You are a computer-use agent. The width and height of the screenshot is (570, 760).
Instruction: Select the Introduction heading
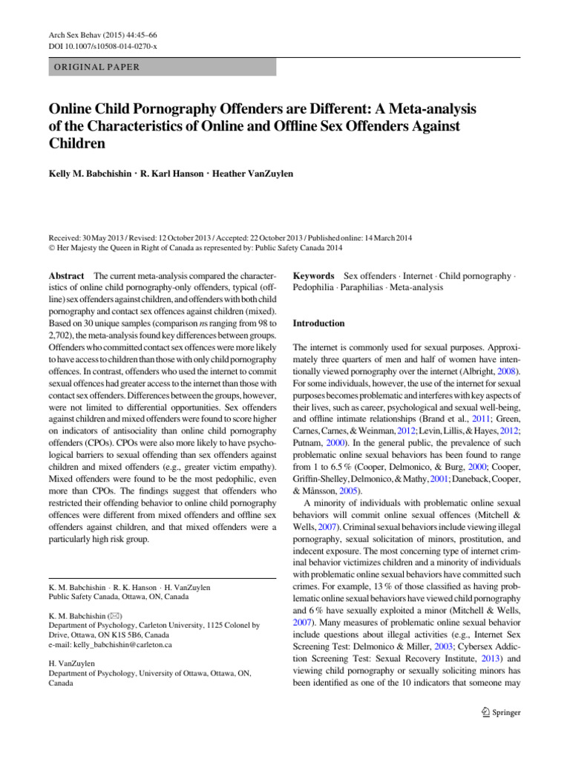coord(318,324)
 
